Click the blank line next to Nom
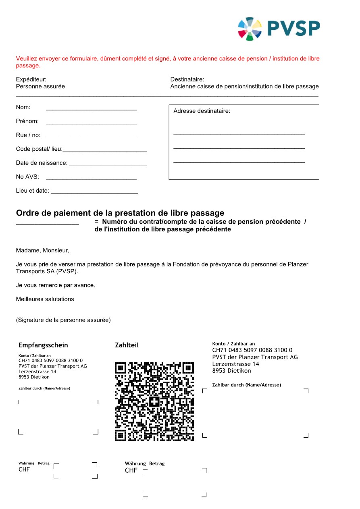point(91,109)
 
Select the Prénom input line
point(91,123)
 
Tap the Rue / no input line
point(91,137)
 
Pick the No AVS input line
point(91,179)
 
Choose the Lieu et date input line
point(94,193)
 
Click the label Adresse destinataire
point(202,111)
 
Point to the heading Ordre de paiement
point(120,213)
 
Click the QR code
point(154,401)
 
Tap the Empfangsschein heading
point(43,345)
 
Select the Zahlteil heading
point(127,345)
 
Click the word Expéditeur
point(31,79)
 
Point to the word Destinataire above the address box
point(187,79)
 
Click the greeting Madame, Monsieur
point(42,250)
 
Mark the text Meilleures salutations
point(45,299)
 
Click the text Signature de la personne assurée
point(63,320)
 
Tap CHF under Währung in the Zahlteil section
point(131,470)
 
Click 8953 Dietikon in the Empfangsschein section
point(34,377)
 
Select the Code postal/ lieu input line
point(104,151)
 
